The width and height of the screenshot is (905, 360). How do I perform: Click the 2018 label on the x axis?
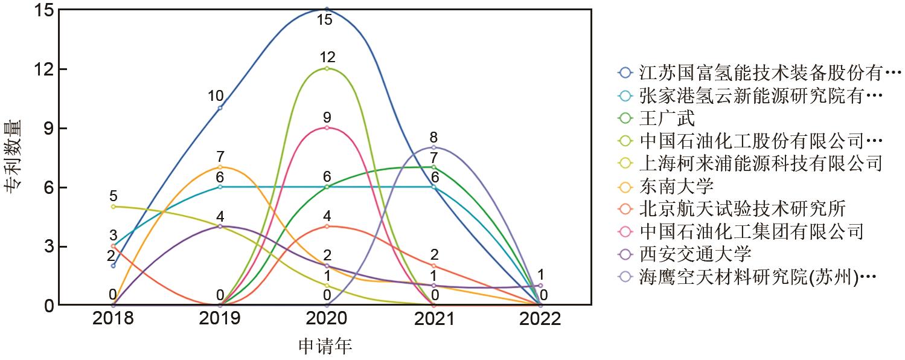[113, 319]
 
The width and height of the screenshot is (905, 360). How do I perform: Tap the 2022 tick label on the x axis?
[540, 319]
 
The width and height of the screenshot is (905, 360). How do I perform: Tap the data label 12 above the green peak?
[327, 57]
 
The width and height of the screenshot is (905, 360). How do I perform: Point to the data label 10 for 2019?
[216, 96]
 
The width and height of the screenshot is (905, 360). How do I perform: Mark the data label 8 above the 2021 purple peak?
[433, 137]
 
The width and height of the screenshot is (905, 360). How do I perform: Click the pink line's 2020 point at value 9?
[327, 127]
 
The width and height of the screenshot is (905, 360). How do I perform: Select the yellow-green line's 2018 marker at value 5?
[113, 207]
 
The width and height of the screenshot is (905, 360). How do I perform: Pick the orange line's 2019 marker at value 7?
[220, 167]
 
